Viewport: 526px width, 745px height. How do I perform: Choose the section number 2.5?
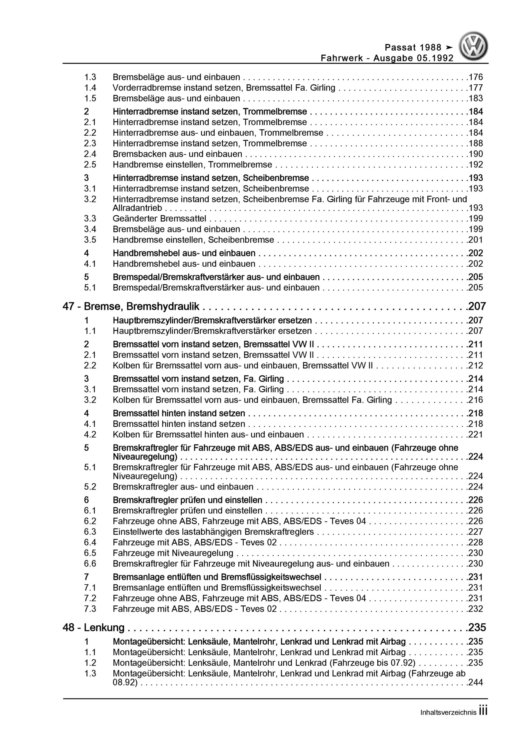click(90, 164)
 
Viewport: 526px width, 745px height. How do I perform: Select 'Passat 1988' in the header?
click(413, 48)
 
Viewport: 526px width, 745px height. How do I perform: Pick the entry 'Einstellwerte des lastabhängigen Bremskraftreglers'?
click(213, 531)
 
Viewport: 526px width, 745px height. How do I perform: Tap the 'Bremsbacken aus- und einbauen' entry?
click(177, 154)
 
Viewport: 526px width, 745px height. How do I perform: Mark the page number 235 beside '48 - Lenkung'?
click(477, 628)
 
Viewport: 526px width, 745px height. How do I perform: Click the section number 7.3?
click(90, 609)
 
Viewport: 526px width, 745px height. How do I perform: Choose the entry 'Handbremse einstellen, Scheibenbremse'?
click(193, 240)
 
